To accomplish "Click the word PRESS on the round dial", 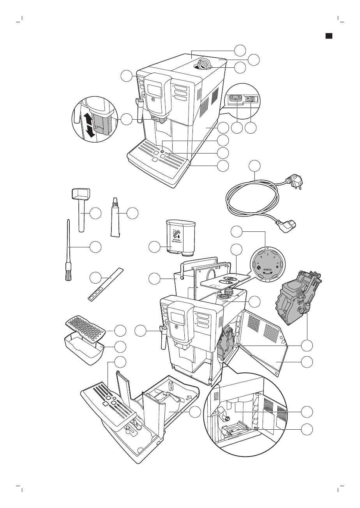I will pos(267,269).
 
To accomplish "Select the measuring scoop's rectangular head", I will pos(81,193).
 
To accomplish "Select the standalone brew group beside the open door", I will pos(298,298).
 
